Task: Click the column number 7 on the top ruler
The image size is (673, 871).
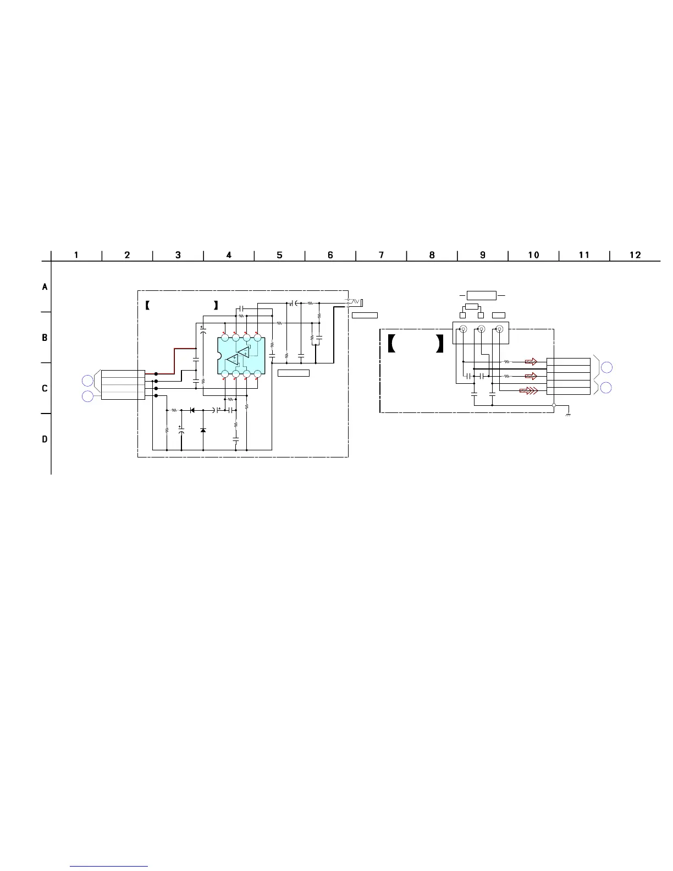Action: [x=381, y=255]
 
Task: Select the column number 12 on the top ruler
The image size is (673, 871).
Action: [x=635, y=255]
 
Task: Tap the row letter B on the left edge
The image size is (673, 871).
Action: [x=45, y=338]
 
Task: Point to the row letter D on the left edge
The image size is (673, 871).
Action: [x=45, y=439]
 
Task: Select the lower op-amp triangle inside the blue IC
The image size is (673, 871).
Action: [x=233, y=359]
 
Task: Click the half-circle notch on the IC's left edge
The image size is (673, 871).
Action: [x=219, y=356]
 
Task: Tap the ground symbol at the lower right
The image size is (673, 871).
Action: [x=568, y=415]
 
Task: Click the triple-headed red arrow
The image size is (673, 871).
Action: [x=529, y=390]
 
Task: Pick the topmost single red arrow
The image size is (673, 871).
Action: [x=531, y=362]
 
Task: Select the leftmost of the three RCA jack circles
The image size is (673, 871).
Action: [x=464, y=329]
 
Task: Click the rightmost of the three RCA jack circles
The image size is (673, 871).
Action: [x=499, y=329]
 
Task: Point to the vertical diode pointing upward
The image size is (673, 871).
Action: [x=203, y=430]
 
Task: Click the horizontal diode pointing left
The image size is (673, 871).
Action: [x=192, y=410]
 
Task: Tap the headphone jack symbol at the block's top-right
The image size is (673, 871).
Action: [x=355, y=301]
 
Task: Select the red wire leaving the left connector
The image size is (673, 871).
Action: [x=170, y=361]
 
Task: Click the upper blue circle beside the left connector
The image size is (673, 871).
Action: [x=87, y=381]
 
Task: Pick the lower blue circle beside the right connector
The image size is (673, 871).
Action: [x=606, y=388]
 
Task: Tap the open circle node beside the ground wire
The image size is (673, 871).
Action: [x=554, y=405]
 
